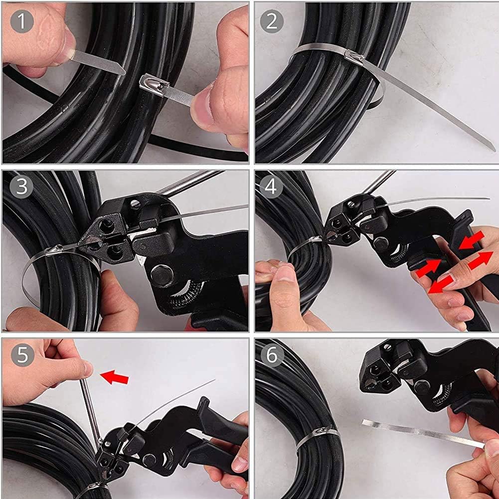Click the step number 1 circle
(21, 21)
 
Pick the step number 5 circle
(21, 355)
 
